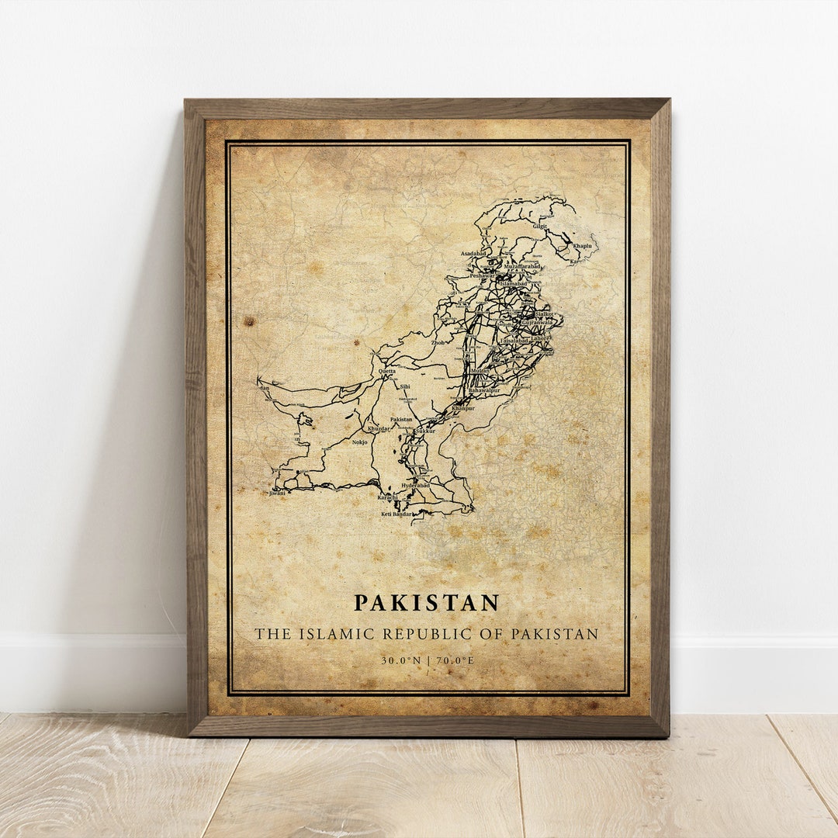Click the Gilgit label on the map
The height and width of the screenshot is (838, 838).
pos(540,227)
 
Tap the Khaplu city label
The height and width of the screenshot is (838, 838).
pos(583,246)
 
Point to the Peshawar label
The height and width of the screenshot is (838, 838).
pos(482,275)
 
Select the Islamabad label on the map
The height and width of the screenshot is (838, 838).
pos(513,284)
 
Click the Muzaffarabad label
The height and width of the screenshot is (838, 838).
pos(522,266)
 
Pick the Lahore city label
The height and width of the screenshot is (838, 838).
pos(540,338)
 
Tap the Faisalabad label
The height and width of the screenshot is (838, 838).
pos(514,340)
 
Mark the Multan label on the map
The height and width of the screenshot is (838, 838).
pos(480,372)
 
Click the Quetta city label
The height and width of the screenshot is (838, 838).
pos(386,372)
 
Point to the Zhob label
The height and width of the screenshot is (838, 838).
pos(438,342)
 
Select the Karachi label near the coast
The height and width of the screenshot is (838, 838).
pos(387,497)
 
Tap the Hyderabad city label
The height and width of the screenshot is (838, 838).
pos(415,486)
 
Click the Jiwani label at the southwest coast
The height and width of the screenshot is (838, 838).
pos(277,493)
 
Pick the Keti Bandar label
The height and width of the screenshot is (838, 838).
pos(396,514)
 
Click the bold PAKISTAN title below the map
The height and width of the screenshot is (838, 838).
pos(427,603)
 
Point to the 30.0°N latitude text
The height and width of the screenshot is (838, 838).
pos(400,661)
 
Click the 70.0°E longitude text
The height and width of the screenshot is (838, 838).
pos(454,661)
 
